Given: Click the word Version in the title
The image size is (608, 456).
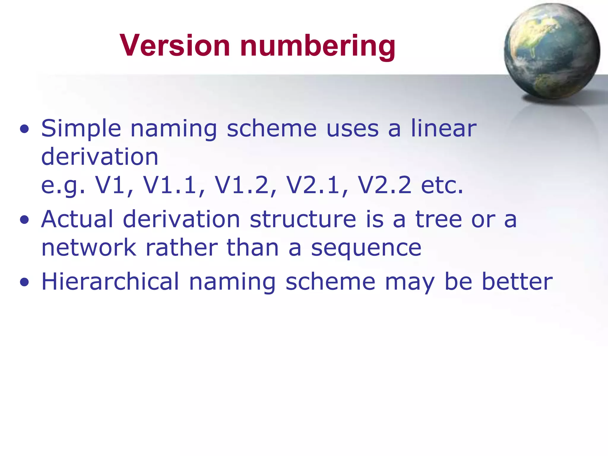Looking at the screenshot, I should pyautogui.click(x=175, y=45).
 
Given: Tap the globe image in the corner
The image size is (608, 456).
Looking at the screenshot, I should pyautogui.click(x=552, y=51).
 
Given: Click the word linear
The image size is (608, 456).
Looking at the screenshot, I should pyautogui.click(x=444, y=128).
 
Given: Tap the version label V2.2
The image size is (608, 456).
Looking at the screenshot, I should pyautogui.click(x=385, y=185).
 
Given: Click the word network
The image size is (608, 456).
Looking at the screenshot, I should pyautogui.click(x=88, y=248).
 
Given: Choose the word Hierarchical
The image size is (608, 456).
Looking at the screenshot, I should pyautogui.click(x=110, y=281).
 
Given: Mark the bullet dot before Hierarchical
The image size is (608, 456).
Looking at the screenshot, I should pyautogui.click(x=24, y=282).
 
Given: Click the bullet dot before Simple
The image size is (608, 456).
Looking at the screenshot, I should pyautogui.click(x=24, y=129).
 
